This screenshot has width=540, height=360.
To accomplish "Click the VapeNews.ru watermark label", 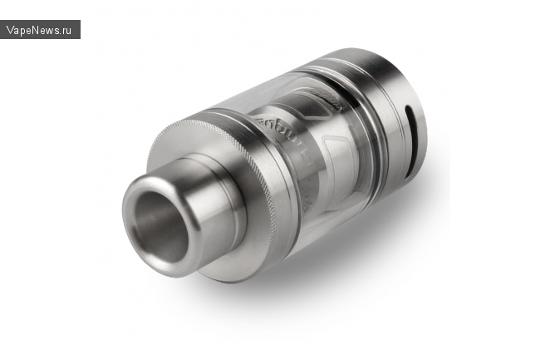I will click(40, 30).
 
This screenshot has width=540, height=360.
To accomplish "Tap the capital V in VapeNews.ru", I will click(10, 30).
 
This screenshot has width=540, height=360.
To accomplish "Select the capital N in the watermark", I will click(37, 30).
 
